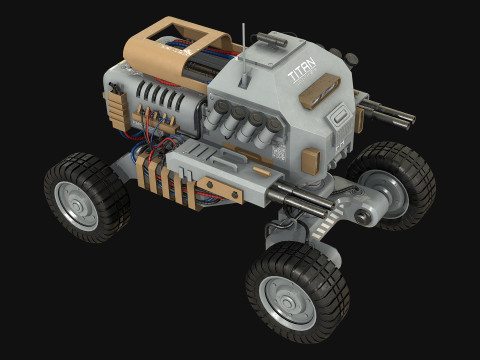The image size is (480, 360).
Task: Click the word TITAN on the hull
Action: tap(300, 74)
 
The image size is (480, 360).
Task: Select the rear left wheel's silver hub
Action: tap(77, 204)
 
